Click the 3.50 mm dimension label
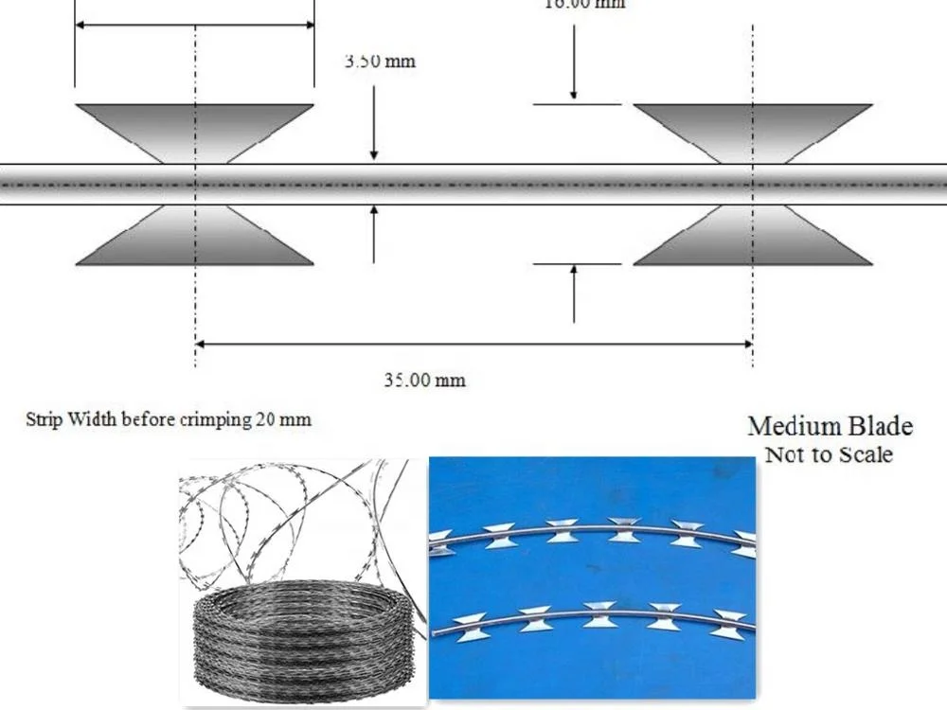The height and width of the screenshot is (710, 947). coord(380,62)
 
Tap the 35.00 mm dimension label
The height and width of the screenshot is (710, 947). coord(424,380)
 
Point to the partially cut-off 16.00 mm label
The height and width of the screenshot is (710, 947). coord(583,4)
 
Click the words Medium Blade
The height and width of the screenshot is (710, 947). coord(831,426)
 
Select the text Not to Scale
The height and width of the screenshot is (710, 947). coord(829,454)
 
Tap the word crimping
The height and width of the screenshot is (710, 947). coord(213,418)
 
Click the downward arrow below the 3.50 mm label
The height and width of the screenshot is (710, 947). coord(375,147)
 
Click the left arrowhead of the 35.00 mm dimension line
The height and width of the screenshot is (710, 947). coord(202,345)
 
